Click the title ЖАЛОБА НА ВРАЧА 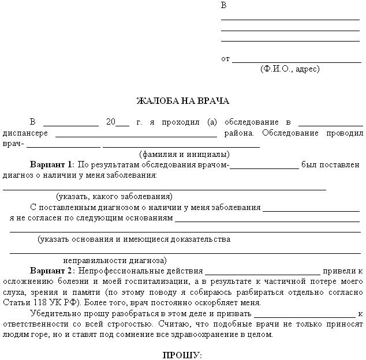[182, 101]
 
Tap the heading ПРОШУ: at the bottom [182, 354]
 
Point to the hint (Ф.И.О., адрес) [290, 69]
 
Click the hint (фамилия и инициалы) [184, 154]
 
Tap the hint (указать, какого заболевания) [114, 196]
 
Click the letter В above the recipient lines [224, 6]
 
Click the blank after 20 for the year [122, 123]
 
